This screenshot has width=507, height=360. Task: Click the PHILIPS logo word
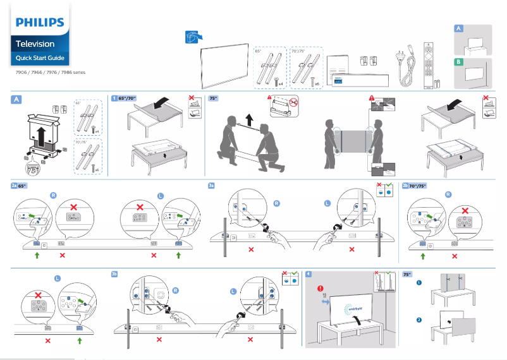click(x=40, y=23)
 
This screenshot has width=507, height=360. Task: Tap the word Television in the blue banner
click(x=35, y=44)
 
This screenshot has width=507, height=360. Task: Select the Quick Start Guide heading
click(x=40, y=58)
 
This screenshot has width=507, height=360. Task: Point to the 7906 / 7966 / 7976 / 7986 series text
click(x=51, y=73)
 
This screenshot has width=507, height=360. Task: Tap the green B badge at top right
click(x=459, y=62)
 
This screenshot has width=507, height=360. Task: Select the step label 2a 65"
click(x=18, y=186)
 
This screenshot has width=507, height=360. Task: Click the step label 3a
click(x=212, y=186)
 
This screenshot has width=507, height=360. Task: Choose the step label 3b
click(x=114, y=274)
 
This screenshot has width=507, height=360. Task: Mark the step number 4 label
click(x=308, y=274)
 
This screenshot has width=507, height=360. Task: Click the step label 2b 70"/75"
click(x=415, y=186)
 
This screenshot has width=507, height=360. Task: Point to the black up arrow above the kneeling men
click(x=249, y=119)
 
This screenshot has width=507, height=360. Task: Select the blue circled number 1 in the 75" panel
click(x=418, y=282)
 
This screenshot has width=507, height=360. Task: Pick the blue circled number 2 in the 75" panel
click(x=418, y=320)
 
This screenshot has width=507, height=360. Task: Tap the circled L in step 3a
click(x=327, y=203)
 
